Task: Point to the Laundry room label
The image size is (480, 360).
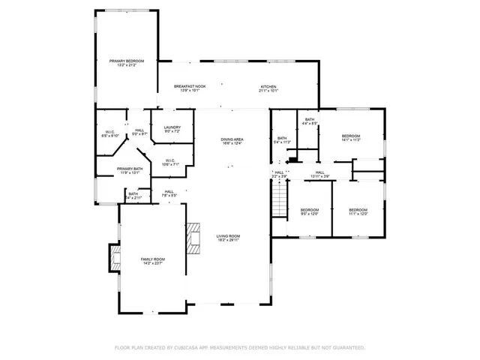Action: (172, 130)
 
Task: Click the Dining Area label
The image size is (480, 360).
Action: (232, 141)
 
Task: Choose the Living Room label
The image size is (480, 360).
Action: (227, 238)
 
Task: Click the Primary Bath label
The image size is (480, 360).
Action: (129, 170)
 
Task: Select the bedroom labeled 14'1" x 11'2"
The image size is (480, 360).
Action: (351, 137)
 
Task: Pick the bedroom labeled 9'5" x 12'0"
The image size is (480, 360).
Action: (310, 211)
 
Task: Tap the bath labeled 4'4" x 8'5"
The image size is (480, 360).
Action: (310, 121)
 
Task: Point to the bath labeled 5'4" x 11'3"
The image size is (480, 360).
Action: (282, 139)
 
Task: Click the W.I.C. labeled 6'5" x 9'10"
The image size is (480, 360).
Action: (109, 134)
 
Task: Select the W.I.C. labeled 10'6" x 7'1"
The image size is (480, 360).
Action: (170, 161)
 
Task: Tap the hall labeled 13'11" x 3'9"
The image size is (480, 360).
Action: (319, 174)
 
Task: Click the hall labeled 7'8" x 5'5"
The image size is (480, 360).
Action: (169, 193)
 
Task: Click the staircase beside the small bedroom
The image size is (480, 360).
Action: (279, 201)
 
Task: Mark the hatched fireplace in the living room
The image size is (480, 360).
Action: (194, 238)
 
